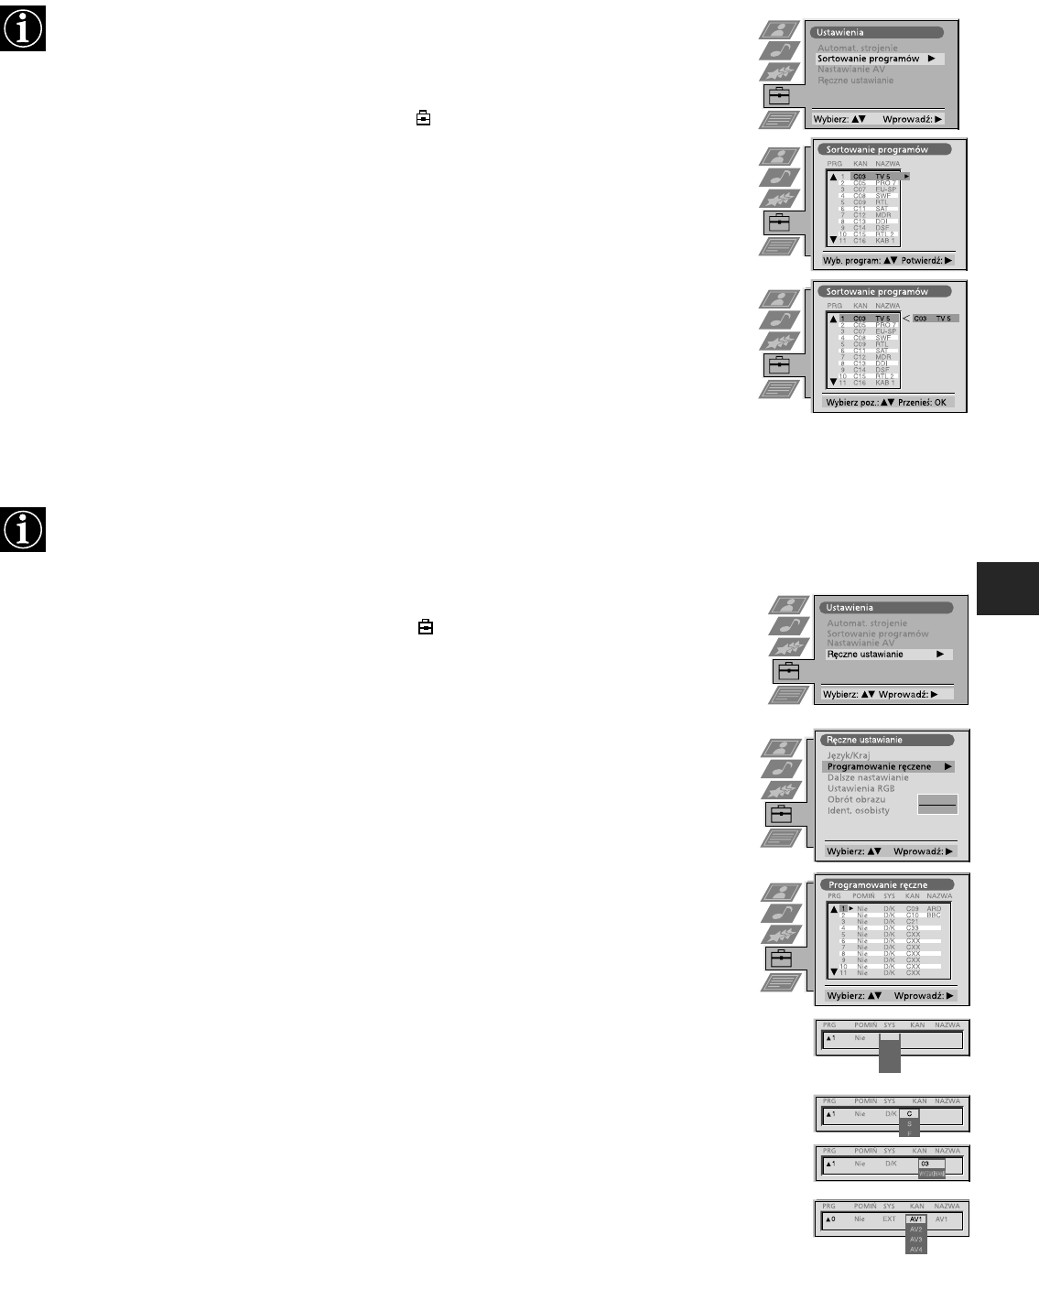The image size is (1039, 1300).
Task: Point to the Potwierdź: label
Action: (x=922, y=260)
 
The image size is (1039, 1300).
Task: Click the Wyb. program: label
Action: (x=852, y=260)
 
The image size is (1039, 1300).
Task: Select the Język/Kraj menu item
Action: (x=849, y=755)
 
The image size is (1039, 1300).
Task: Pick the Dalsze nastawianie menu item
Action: (x=868, y=777)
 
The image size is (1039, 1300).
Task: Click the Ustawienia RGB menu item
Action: (x=860, y=788)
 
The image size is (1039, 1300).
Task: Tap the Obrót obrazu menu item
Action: (x=856, y=799)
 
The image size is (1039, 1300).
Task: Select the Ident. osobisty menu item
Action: (x=858, y=810)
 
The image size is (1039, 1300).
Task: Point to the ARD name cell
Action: (x=934, y=909)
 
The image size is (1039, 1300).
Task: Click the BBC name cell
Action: (x=934, y=915)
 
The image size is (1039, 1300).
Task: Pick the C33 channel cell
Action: (x=913, y=928)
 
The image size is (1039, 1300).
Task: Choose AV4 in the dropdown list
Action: (x=915, y=1249)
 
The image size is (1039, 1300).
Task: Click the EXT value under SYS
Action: (x=889, y=1219)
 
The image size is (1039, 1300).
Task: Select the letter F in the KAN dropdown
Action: (x=910, y=1132)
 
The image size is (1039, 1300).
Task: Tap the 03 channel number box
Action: (x=930, y=1164)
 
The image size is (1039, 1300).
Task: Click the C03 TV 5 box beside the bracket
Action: (x=933, y=319)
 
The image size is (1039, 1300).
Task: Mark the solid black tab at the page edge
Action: (x=1008, y=588)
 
